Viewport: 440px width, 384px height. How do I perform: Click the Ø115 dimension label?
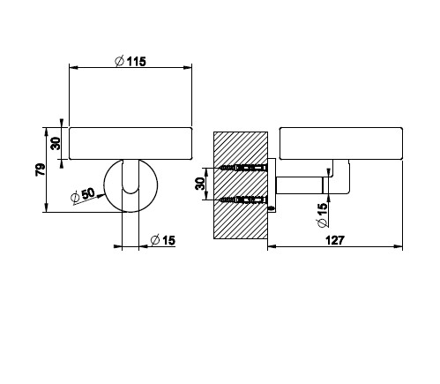131,62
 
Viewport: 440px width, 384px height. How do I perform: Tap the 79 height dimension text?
41,169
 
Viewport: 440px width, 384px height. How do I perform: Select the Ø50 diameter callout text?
83,195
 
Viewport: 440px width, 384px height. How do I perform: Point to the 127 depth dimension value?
334,240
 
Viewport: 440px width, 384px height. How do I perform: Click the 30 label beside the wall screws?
200,184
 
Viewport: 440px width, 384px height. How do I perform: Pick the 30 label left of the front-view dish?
56,144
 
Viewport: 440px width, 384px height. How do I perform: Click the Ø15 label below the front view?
162,240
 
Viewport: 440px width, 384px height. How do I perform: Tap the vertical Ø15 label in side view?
322,215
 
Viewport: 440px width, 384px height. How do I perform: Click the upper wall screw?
242,168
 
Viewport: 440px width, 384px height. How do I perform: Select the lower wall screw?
242,200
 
